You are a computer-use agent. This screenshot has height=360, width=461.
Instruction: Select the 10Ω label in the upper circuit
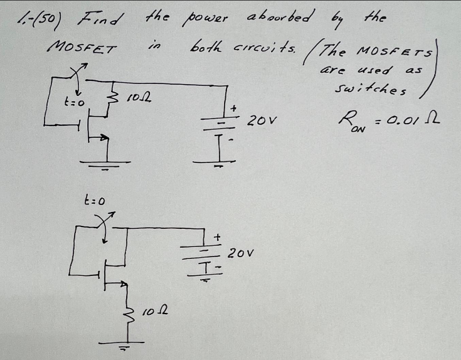tap(137, 98)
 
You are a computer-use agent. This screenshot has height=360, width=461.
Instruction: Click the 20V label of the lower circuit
tap(241, 253)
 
